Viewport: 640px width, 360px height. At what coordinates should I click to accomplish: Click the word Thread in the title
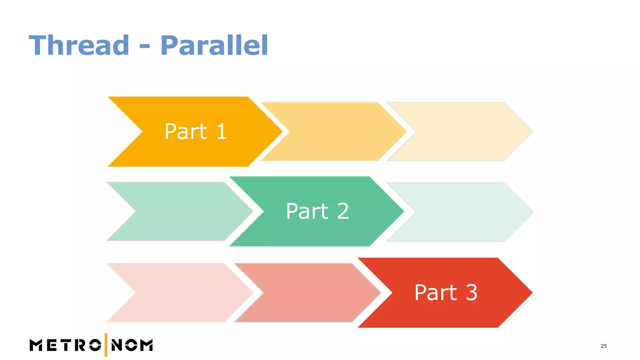(79, 46)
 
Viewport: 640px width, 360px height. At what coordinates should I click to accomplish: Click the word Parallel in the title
(214, 46)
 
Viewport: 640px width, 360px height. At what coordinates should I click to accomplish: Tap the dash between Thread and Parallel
(145, 47)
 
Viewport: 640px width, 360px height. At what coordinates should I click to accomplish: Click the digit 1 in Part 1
(221, 131)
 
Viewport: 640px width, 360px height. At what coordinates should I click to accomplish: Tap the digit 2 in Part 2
(343, 211)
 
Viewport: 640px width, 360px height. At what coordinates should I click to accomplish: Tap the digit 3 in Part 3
(471, 293)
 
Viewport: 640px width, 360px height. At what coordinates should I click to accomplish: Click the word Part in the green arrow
(307, 211)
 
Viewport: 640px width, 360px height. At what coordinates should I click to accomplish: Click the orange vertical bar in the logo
(106, 345)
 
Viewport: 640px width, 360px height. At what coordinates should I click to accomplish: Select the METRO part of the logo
(65, 345)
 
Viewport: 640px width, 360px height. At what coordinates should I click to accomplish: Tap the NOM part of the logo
(132, 345)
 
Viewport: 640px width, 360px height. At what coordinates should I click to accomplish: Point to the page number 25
(604, 346)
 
